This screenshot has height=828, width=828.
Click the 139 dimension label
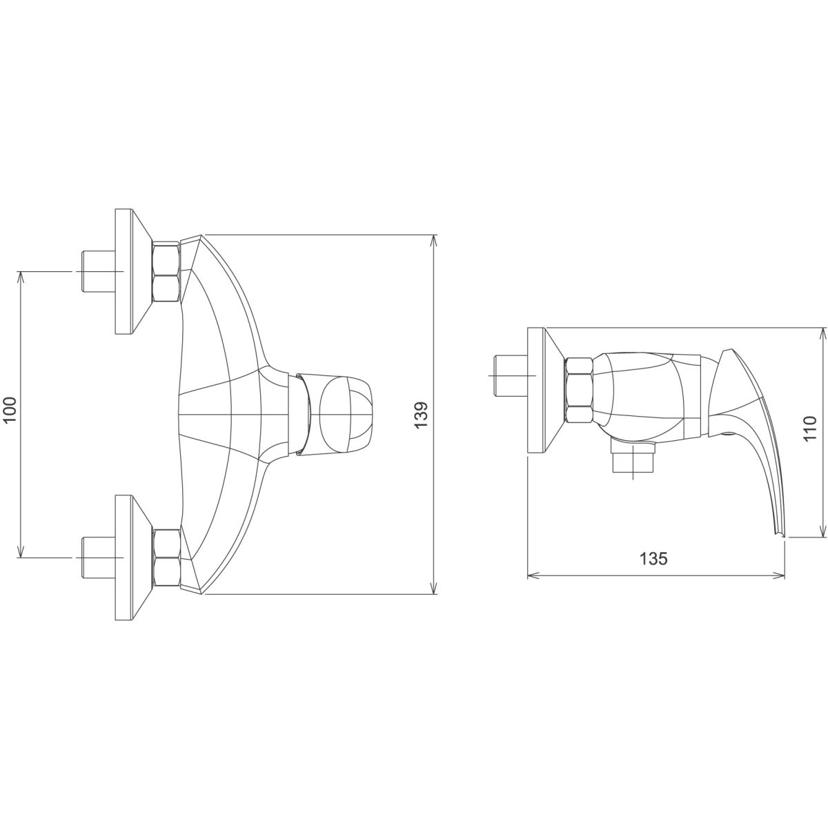[x=421, y=414]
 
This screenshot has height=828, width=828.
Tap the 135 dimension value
[x=653, y=559]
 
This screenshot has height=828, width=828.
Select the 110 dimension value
[x=809, y=428]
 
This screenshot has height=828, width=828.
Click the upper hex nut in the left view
[x=166, y=272]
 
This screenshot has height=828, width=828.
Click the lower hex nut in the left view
[x=166, y=558]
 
